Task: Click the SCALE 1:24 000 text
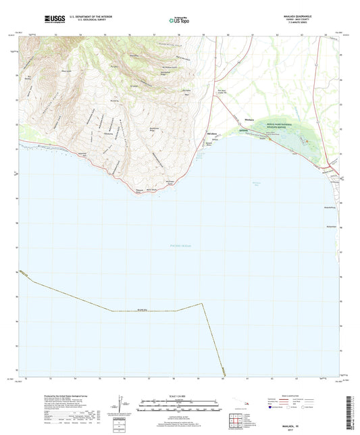(179, 396)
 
